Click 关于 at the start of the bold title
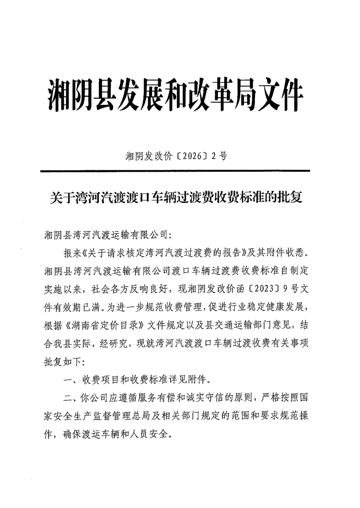[x=59, y=198]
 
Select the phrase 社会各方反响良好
[x=147, y=288]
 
